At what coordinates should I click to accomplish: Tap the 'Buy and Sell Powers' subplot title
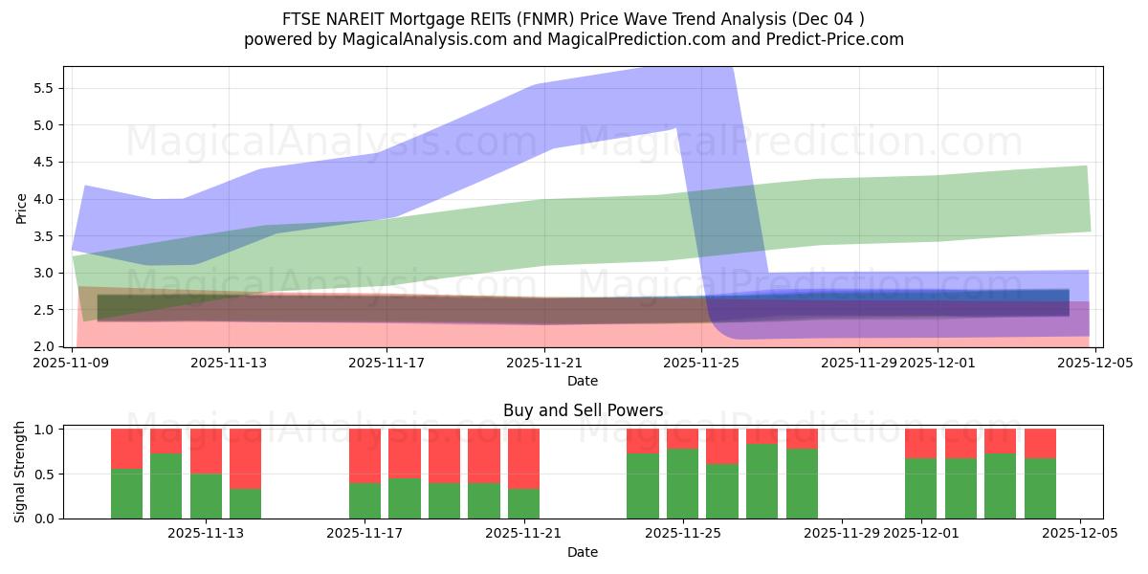583,410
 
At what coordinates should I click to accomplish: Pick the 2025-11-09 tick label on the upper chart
72,363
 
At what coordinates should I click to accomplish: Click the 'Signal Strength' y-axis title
20,473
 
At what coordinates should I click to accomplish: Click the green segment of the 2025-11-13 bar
206,497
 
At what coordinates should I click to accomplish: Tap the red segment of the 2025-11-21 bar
523,458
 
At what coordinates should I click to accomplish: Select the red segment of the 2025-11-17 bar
364,455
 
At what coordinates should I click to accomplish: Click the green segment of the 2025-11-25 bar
682,484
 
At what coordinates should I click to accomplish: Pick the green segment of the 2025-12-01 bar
920,489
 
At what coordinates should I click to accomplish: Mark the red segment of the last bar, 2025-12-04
1040,443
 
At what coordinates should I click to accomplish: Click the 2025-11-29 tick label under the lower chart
842,534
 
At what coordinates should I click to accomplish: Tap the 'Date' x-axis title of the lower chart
583,552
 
